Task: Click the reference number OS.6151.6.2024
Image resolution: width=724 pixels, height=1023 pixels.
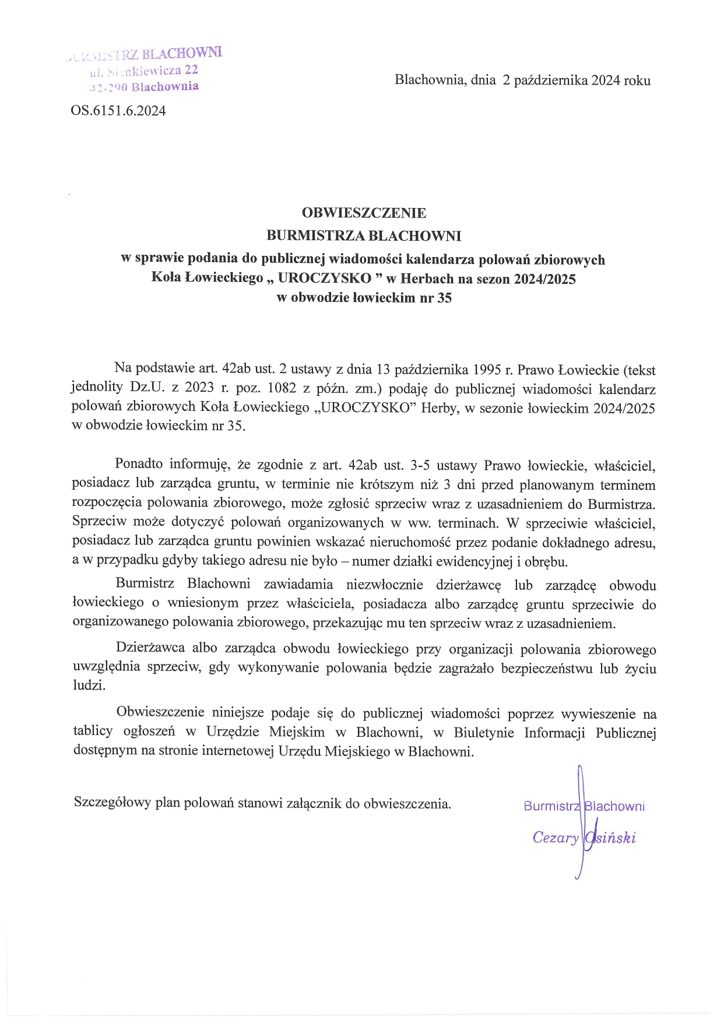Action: coord(118,111)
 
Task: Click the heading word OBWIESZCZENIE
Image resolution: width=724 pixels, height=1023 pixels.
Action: coord(364,213)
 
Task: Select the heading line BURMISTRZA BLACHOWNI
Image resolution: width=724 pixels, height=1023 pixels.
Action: coord(364,236)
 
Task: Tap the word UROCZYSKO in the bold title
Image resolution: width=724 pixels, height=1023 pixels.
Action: coord(324,279)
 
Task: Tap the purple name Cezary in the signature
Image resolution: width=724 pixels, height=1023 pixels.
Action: coord(555,838)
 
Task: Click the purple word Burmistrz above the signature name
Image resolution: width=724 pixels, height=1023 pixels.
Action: coord(550,806)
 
